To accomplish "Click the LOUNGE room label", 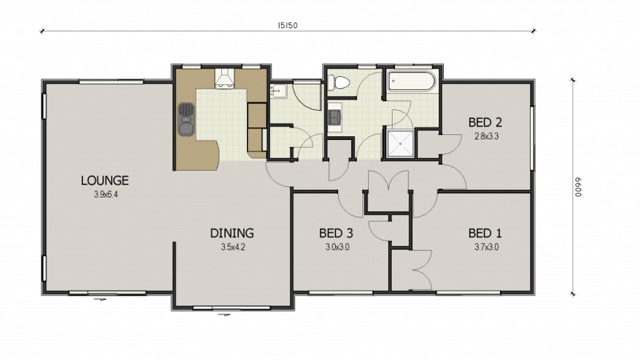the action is click(x=105, y=180).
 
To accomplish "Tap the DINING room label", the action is click(x=232, y=233).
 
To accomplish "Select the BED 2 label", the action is click(x=485, y=122).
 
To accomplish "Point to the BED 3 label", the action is click(x=336, y=233).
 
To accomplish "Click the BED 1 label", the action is click(x=485, y=233).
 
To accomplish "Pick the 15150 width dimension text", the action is click(x=288, y=26).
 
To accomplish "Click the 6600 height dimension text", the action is click(x=578, y=187).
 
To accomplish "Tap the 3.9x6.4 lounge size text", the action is click(x=105, y=194).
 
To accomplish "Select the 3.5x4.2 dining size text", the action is click(x=233, y=247).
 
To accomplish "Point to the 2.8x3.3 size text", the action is click(x=486, y=136).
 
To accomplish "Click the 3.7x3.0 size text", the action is click(x=486, y=247).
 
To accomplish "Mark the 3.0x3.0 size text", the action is click(x=337, y=247).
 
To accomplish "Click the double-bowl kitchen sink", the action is click(x=185, y=119).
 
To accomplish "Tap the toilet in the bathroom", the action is click(x=338, y=83).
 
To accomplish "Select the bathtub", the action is click(x=412, y=82).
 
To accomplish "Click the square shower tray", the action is click(x=400, y=143).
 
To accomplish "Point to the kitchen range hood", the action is click(x=224, y=78).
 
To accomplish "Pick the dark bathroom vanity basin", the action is click(x=334, y=117).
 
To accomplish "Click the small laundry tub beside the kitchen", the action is click(x=278, y=91).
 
